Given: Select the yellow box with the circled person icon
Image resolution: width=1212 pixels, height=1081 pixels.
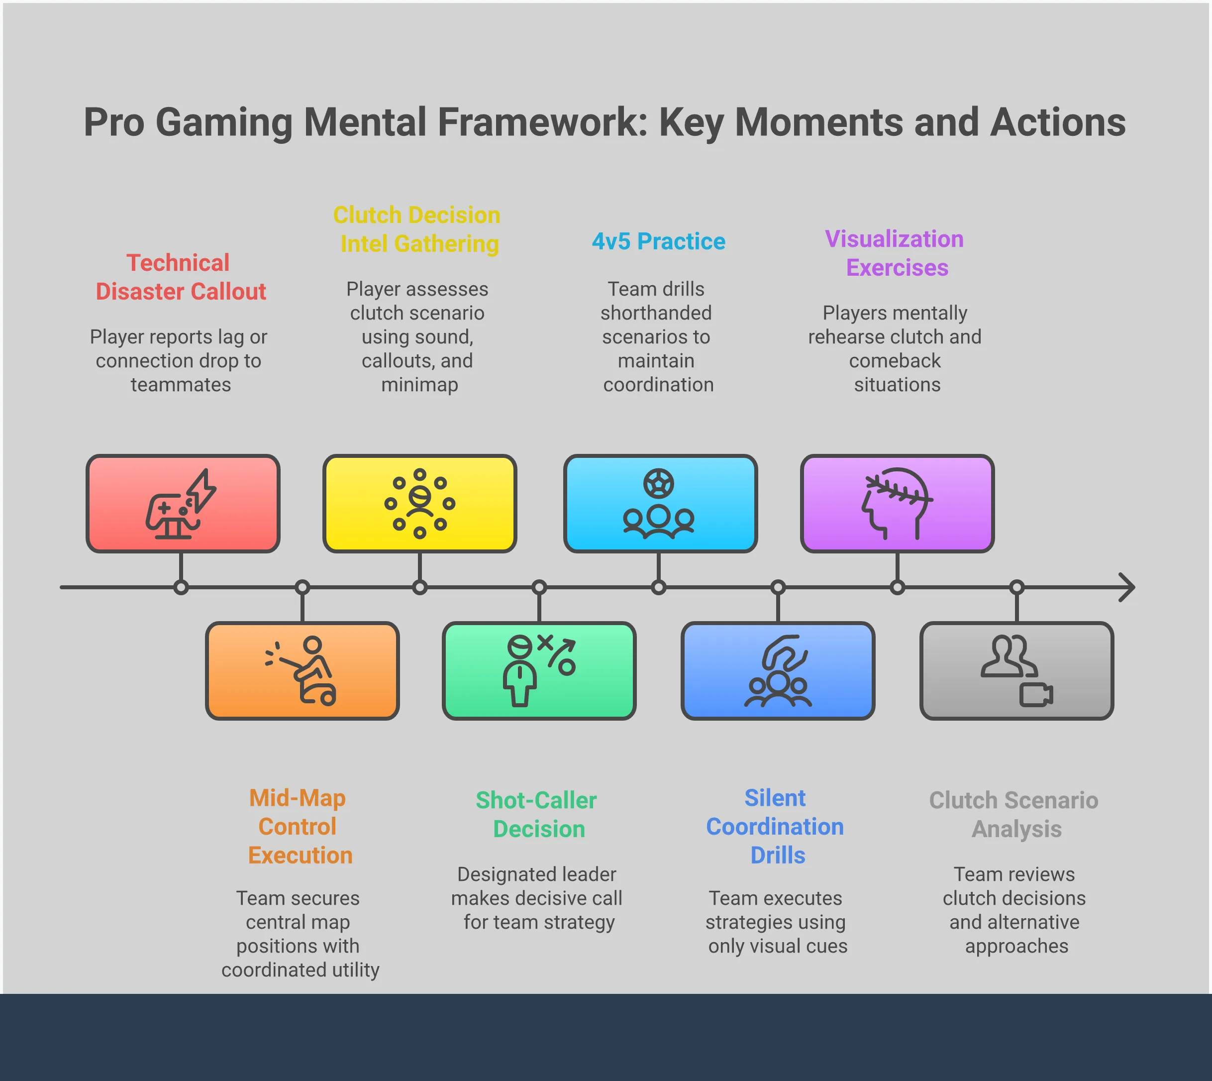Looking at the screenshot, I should coord(419,504).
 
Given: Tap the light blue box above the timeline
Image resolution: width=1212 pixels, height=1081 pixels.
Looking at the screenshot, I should coord(660,504).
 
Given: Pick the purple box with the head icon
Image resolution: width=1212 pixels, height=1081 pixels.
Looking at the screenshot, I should coord(897,504).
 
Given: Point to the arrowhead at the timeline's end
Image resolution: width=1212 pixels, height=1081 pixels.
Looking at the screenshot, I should coord(1128,587).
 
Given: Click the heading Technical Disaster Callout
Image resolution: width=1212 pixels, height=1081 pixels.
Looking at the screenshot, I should coord(181,277).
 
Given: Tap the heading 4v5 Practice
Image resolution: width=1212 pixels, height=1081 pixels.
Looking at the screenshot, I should coord(659,242).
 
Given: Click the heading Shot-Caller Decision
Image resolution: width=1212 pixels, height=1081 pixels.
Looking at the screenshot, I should coord(537,814).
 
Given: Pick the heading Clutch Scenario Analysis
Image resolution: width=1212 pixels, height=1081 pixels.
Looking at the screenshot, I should coord(1015,814).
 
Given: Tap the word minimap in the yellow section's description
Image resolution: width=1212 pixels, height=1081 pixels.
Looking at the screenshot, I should coord(419,385).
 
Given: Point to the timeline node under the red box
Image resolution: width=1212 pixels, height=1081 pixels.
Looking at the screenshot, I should coord(181,587).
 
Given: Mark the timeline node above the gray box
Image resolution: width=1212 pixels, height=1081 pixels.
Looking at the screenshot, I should coord(1016,587).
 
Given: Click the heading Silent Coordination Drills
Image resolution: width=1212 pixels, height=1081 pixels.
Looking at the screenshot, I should coord(776,826).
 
